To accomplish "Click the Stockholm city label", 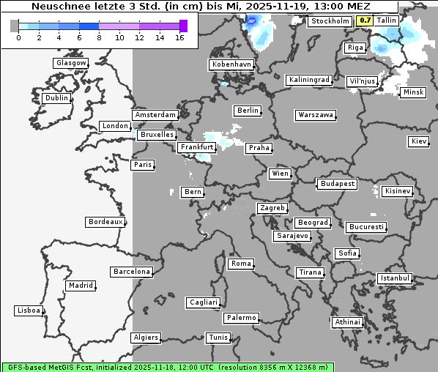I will coord(330,21).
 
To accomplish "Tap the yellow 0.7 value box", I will coord(365,21).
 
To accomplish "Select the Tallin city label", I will coord(386,21).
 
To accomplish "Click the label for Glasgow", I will coord(71,63).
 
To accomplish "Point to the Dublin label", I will coord(56,98).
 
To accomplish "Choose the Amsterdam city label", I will coord(155,115).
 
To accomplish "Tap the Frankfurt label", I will coord(196,147).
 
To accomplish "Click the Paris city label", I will coord(143,165).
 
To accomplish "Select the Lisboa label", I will coord(29,310).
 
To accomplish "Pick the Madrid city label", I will coord(81,286).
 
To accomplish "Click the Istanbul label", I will coord(395,278).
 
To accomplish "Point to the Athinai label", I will coord(347,322).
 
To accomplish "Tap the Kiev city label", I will coord(419,141).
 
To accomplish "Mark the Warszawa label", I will coord(316,115).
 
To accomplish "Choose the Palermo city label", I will coord(241,318).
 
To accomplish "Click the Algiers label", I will coord(145,338).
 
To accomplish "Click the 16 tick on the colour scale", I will coord(179,37).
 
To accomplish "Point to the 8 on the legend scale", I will coord(99,37).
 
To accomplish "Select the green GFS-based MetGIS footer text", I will coord(167,367).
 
